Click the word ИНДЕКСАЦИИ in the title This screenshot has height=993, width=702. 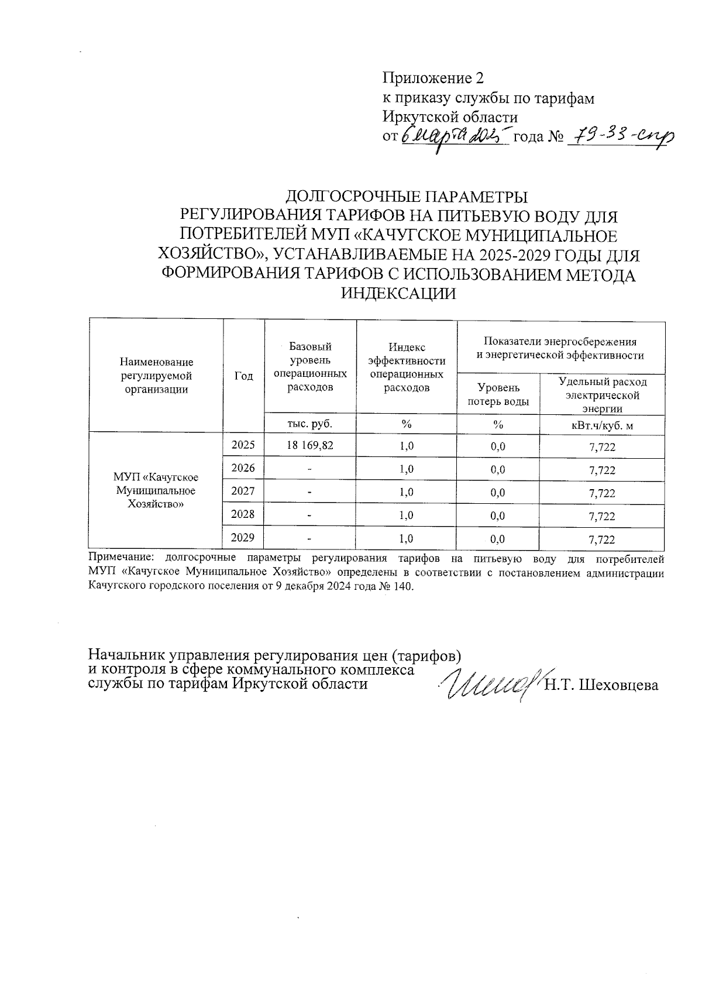point(398,294)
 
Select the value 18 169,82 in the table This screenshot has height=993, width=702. point(310,445)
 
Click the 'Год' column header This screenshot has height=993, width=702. point(243,376)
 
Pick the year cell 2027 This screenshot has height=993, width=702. point(243,492)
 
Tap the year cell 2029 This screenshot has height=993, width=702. point(243,538)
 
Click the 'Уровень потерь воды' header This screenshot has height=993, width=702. point(498,394)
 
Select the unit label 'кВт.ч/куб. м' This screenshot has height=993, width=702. point(602,425)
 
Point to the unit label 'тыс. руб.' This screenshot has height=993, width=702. point(310,424)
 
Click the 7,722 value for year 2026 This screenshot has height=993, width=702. point(602,470)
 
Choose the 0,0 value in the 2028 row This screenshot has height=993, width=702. point(498,516)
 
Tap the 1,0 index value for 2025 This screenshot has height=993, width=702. point(407,446)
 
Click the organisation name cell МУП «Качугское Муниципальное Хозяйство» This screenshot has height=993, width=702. point(156,490)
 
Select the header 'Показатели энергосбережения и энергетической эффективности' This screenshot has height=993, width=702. point(560,348)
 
